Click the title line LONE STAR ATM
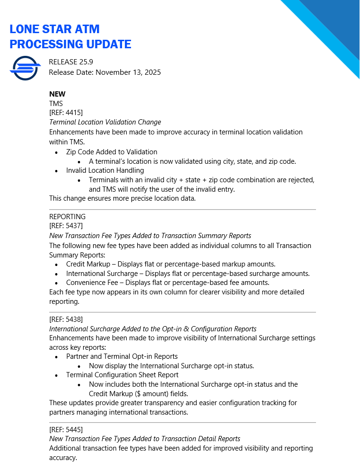click(54, 29)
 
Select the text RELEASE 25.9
click(74, 62)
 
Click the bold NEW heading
click(57, 94)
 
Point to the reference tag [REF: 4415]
click(66, 113)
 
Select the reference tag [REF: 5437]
click(66, 226)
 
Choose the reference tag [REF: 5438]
click(66, 319)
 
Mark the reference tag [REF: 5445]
click(66, 429)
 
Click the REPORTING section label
click(67, 217)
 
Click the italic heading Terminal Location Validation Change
click(105, 122)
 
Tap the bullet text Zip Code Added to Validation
click(112, 152)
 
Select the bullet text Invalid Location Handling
click(105, 170)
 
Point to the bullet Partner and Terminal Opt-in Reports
click(122, 356)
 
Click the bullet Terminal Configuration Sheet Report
click(122, 375)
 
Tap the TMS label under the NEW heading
click(56, 103)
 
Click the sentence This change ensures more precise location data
click(123, 198)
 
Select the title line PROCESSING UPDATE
click(70, 44)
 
